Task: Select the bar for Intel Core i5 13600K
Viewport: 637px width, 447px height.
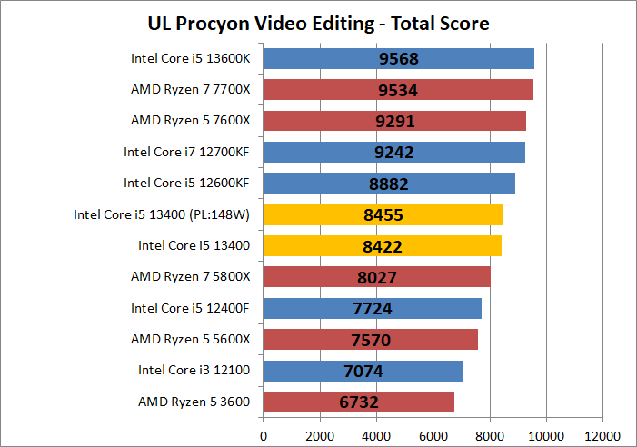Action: [x=398, y=59]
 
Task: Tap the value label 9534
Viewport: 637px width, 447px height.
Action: [x=397, y=90]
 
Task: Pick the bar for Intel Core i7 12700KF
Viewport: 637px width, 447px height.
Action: [x=393, y=152]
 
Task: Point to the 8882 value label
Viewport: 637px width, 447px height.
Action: [x=389, y=184]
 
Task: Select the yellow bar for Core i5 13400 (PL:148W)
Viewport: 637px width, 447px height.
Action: [x=382, y=214]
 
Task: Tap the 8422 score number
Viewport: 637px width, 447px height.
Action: [x=383, y=245]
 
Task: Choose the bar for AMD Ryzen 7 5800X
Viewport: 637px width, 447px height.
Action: [x=376, y=277]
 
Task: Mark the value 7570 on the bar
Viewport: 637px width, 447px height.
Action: [x=371, y=339]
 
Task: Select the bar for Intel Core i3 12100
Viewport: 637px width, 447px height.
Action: [x=363, y=371]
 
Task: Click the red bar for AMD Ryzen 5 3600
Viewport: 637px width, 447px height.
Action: [x=358, y=402]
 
